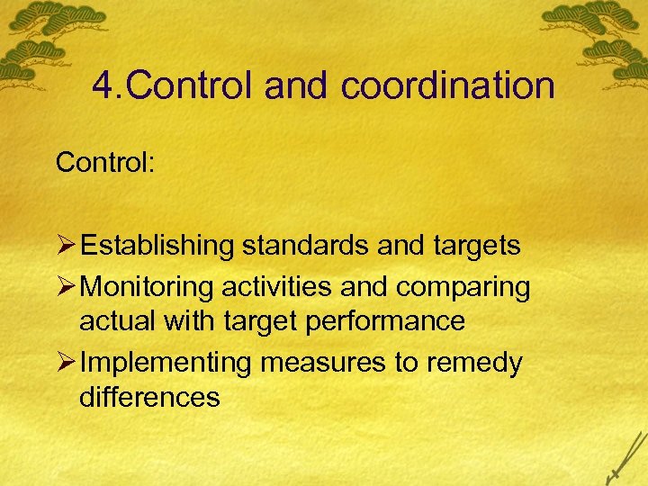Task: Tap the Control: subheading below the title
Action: click(x=105, y=163)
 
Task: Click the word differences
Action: click(x=149, y=397)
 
